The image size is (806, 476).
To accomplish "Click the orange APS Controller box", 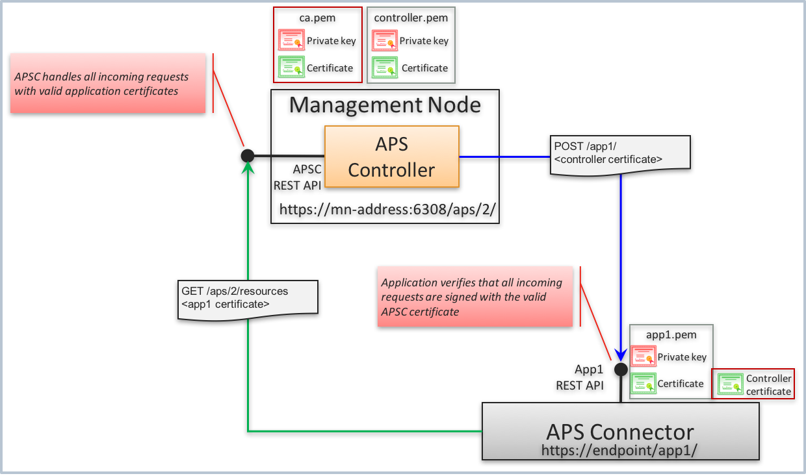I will click(x=392, y=157).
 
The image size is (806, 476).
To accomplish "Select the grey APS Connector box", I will click(x=620, y=431).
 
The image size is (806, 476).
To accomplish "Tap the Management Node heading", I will click(x=385, y=105).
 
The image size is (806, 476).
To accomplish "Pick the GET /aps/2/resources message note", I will click(x=248, y=298).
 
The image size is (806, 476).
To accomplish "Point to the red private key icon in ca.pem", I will click(x=291, y=40).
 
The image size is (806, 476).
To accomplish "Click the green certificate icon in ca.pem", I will click(x=291, y=67).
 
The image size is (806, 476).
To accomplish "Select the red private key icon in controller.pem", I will click(x=383, y=40).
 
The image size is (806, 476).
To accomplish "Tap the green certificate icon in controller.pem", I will click(x=383, y=67).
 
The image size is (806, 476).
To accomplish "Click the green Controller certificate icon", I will click(x=729, y=384).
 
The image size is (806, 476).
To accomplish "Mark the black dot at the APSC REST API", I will click(x=248, y=156).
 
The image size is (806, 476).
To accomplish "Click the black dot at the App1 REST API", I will click(x=621, y=369).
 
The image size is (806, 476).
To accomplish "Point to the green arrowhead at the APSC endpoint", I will click(x=248, y=169).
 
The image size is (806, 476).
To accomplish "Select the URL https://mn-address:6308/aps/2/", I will click(x=388, y=210).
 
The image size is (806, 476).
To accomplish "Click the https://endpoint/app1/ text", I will click(x=619, y=449).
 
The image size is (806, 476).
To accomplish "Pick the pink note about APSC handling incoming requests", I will click(x=108, y=84).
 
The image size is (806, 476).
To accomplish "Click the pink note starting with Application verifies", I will click(x=474, y=297).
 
